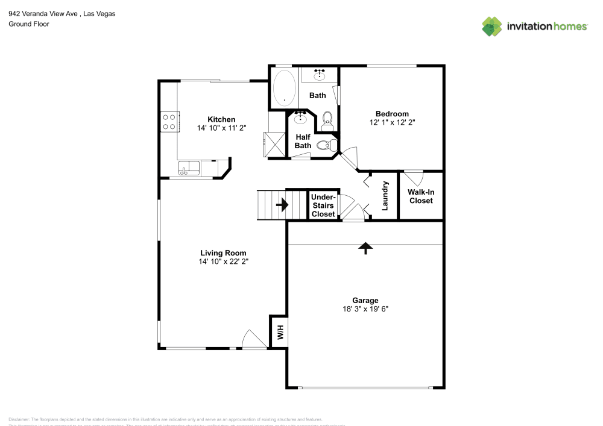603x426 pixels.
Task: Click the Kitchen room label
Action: point(221,119)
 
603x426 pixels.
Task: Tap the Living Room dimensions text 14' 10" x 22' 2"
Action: point(223,262)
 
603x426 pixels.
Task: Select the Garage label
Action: point(365,300)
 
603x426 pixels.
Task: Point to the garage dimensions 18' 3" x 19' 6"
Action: point(365,309)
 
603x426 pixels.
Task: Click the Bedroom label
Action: point(392,114)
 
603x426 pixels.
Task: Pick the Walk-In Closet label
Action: point(421,196)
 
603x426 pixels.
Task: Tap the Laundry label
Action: point(385,196)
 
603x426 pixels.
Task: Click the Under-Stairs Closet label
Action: point(323,205)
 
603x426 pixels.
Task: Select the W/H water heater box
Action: point(279,331)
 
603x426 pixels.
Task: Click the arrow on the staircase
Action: point(282,205)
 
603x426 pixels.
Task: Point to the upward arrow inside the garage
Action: point(365,247)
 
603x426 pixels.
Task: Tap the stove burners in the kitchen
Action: point(169,122)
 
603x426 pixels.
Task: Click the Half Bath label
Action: point(303,141)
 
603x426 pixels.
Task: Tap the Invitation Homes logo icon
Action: point(491,26)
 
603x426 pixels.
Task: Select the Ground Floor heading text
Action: point(29,24)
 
